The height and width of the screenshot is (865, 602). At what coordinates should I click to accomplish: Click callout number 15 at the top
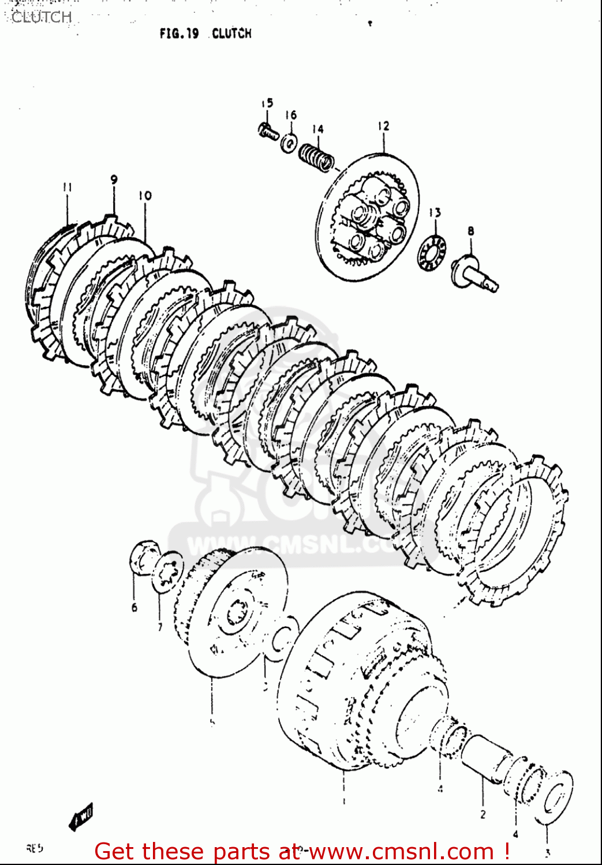267,103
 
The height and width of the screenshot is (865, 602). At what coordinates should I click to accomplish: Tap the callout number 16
291,115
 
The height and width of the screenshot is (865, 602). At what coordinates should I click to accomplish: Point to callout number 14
318,129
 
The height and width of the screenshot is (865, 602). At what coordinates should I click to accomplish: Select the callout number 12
384,126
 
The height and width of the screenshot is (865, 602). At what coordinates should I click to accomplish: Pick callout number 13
435,213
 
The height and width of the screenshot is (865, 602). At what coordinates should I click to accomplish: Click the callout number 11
67,187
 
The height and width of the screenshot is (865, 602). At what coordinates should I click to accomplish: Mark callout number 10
145,195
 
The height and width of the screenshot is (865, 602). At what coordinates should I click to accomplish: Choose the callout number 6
134,607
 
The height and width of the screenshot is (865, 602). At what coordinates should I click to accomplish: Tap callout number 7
160,626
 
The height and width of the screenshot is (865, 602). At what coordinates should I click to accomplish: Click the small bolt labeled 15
268,131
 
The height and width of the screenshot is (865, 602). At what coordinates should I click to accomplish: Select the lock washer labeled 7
168,571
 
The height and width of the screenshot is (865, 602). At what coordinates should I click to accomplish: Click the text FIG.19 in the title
179,33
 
